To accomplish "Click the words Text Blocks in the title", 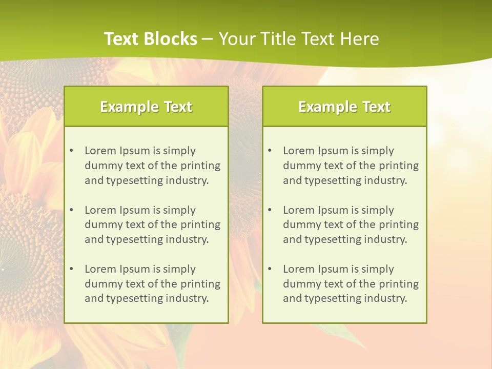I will [150, 39].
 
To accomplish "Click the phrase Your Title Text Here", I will [299, 39].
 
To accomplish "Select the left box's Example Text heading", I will [146, 107].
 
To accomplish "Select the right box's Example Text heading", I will [344, 107].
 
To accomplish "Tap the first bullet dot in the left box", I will [71, 151].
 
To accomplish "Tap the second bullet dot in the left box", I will [71, 210].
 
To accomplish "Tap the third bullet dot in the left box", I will [71, 269].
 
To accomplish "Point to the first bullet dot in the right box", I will [270, 151].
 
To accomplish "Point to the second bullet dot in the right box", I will [270, 210].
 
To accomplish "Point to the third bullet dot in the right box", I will [270, 269].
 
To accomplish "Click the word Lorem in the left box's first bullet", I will [100, 151].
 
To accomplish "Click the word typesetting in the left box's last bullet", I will [135, 299].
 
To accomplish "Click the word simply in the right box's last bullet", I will [377, 269].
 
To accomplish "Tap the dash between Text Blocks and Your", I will [208, 39].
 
